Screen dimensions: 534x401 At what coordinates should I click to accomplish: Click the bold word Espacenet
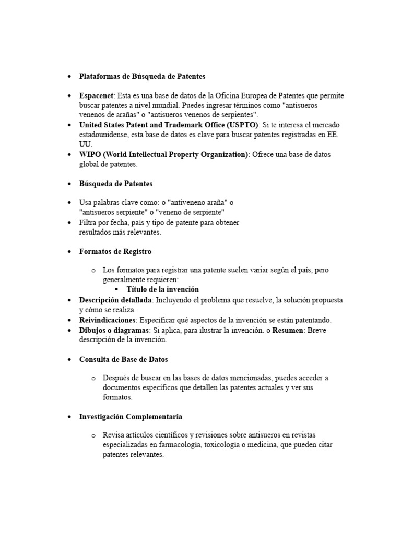click(97, 96)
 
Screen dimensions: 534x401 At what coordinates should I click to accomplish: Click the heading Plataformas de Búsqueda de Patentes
click(142, 76)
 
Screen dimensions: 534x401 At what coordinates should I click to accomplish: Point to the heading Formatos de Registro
click(115, 251)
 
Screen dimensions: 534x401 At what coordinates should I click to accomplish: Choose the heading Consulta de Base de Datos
click(123, 359)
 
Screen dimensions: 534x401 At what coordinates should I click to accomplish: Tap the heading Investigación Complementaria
click(131, 417)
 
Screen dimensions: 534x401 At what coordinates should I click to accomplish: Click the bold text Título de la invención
click(163, 289)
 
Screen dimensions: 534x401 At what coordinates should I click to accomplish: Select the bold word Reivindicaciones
click(107, 320)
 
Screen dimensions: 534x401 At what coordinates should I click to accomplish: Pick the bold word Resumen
click(287, 330)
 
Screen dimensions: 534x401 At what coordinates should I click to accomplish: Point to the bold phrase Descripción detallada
click(115, 300)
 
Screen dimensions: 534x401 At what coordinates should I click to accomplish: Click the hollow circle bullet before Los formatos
click(93, 270)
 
